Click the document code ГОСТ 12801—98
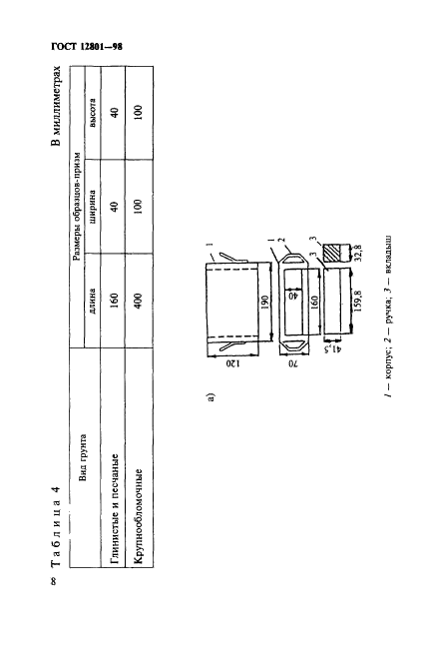coord(87,46)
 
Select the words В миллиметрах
coord(56,106)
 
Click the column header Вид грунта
coord(82,457)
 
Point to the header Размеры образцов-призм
coord(77,207)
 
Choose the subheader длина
coord(92,302)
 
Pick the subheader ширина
coord(92,207)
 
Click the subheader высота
coord(92,113)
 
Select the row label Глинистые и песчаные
coord(116,508)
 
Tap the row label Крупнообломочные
coord(140,517)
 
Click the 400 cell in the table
coord(139,302)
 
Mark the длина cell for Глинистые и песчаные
coord(115,302)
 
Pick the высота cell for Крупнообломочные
coord(139,113)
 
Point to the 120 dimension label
coord(232,363)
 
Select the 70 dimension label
coord(294,363)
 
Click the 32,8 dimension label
coord(359,253)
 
